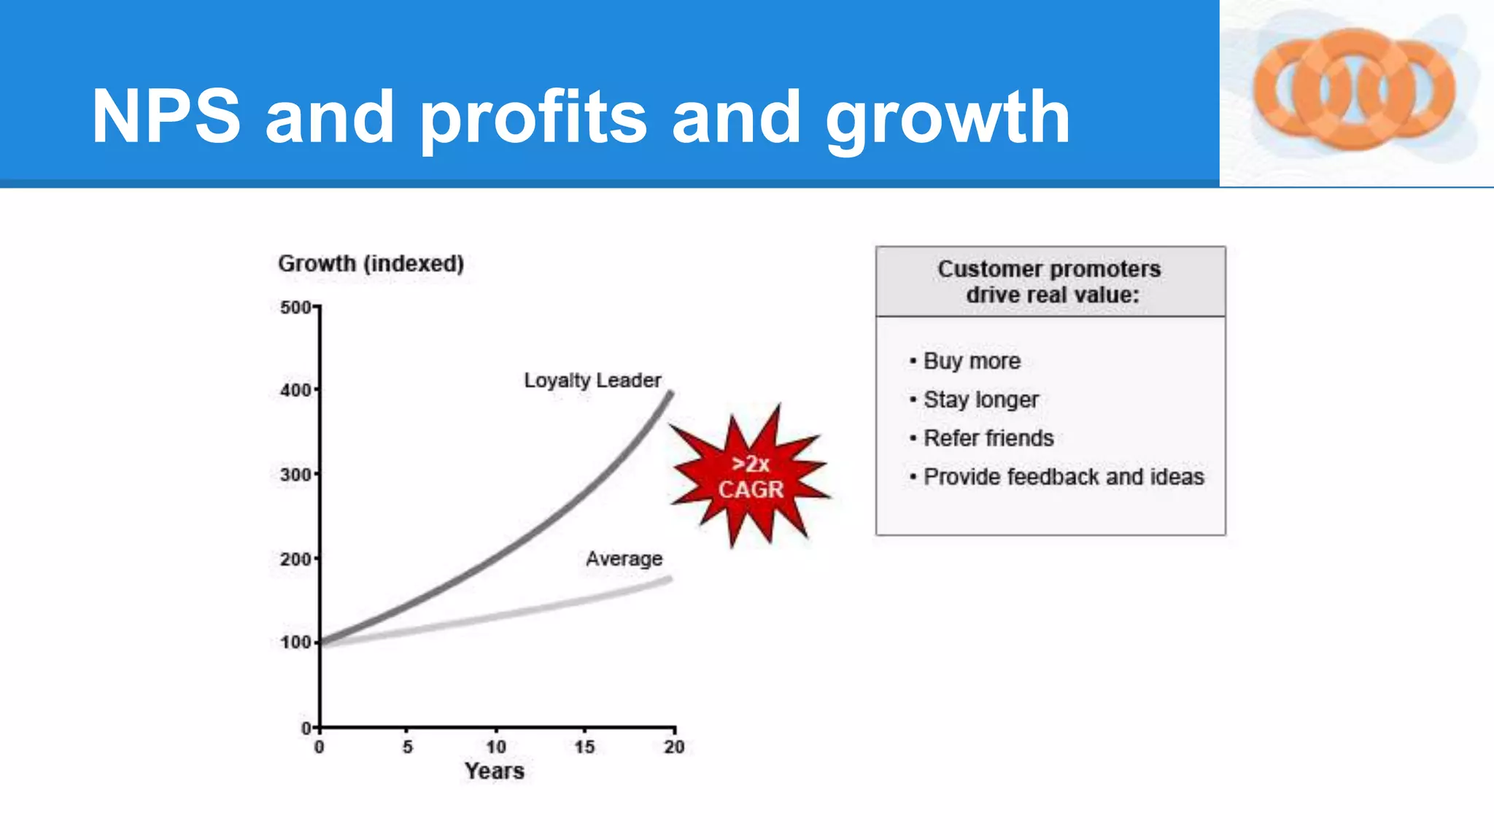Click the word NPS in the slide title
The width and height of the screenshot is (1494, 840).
coord(166,117)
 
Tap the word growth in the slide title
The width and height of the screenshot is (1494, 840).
coord(948,118)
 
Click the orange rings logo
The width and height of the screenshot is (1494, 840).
coord(1354,90)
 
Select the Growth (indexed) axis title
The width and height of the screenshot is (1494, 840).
coord(371,263)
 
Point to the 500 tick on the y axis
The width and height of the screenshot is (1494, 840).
coord(295,308)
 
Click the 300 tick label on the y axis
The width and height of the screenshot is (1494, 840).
coord(295,475)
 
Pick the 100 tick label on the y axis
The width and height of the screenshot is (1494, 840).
coord(295,642)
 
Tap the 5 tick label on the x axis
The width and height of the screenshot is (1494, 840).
coord(407,747)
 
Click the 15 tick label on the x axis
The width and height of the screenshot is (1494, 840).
coord(584,747)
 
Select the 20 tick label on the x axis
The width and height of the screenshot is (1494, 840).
coord(673,747)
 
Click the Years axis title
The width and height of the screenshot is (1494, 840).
coord(494,771)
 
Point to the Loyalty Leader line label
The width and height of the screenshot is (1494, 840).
coord(592,380)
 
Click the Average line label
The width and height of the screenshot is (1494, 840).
coord(624,559)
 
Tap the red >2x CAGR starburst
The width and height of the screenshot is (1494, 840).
coord(750,476)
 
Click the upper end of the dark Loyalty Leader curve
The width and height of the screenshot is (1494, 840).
coord(669,396)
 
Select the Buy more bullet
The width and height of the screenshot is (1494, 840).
coord(971,361)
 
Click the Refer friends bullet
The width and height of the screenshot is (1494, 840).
coord(988,438)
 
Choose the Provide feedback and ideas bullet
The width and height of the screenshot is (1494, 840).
coord(1063,477)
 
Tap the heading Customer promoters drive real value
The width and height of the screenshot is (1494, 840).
coord(1050,281)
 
